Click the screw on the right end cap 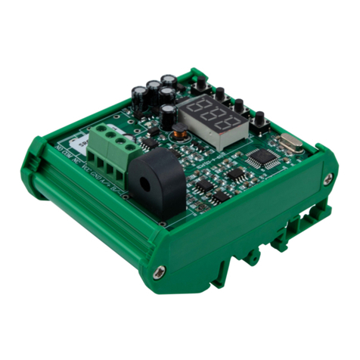tap(327, 178)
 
